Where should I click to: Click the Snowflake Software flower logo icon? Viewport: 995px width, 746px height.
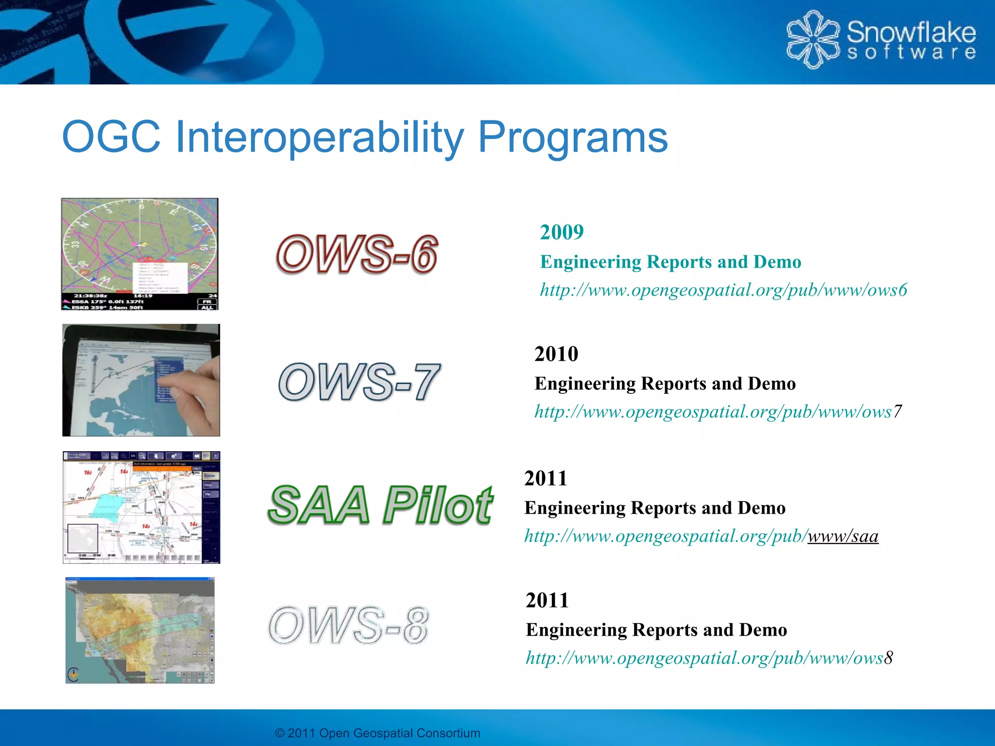[812, 39]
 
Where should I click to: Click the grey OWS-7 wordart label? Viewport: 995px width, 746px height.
[360, 382]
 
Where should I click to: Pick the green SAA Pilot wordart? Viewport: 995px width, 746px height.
[380, 506]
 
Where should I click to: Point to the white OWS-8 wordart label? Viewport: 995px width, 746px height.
[349, 625]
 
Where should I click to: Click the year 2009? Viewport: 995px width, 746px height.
[562, 232]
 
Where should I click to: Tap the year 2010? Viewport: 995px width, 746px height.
[556, 354]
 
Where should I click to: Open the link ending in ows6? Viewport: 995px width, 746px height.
[723, 290]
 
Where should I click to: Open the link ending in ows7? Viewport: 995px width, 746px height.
[718, 412]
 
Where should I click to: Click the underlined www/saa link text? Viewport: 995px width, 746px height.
[842, 536]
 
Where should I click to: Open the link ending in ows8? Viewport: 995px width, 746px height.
[709, 658]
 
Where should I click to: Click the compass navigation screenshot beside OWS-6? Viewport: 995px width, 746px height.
[139, 254]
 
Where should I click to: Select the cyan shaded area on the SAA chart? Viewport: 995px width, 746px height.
[109, 508]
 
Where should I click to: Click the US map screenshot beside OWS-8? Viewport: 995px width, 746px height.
[140, 630]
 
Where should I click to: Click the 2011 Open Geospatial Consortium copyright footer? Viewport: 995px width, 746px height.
[377, 733]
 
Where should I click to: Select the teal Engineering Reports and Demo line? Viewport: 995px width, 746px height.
[670, 262]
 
